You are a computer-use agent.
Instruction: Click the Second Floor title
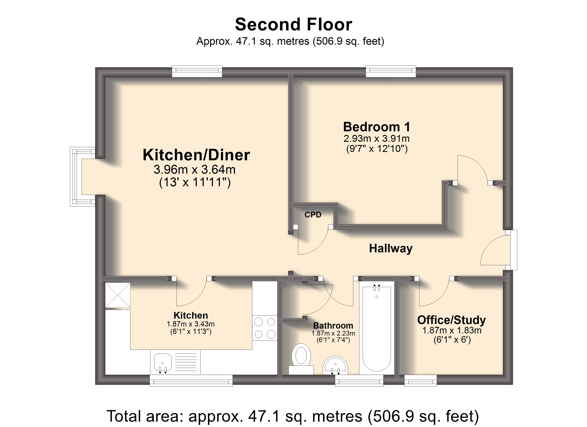293,24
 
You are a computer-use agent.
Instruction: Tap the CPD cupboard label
313,215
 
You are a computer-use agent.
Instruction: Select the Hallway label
391,248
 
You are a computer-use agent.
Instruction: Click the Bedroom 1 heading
377,127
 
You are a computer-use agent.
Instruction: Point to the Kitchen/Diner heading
196,155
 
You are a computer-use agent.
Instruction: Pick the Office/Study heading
452,320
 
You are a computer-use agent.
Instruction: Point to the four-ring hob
265,328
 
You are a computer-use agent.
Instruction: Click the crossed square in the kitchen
118,295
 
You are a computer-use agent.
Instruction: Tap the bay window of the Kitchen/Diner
83,177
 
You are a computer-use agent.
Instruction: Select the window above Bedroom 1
391,71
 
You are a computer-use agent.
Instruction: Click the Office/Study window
421,381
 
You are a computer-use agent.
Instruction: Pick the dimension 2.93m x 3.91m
377,139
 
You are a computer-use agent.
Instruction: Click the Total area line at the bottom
293,416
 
